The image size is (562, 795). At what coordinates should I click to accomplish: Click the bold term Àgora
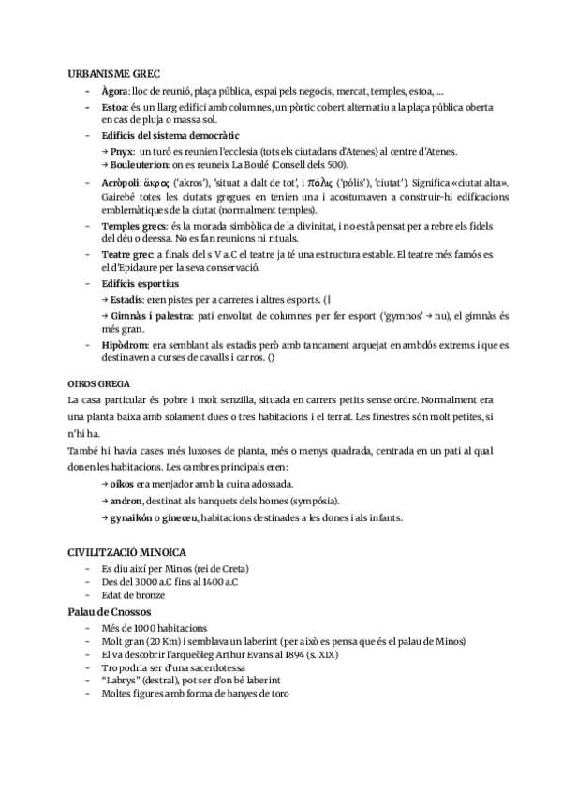115,91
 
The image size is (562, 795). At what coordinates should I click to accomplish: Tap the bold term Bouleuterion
138,164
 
